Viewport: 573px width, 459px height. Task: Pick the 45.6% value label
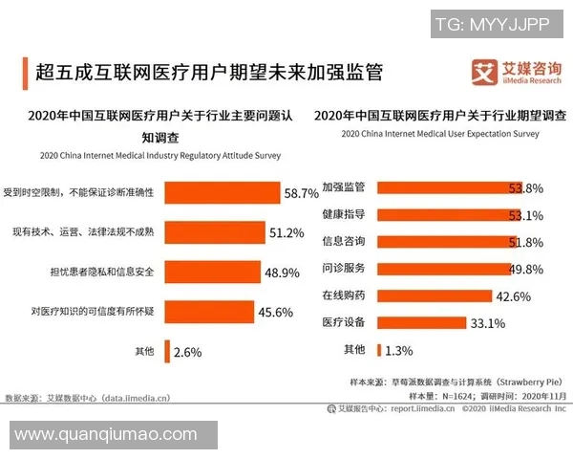276,312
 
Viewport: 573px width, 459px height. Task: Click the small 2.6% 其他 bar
168,352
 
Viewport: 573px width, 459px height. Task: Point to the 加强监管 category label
342,186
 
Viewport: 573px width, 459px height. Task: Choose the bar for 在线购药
435,295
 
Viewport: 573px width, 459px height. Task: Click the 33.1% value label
487,322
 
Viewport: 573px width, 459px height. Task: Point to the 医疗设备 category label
342,322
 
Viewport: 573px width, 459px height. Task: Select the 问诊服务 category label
342,269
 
